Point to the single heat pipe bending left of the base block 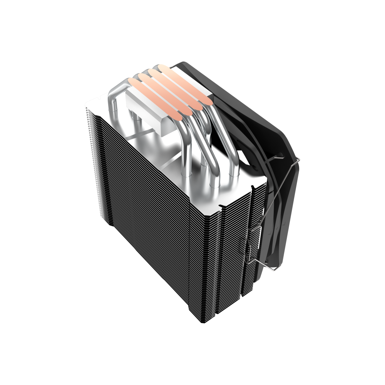[115, 92]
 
